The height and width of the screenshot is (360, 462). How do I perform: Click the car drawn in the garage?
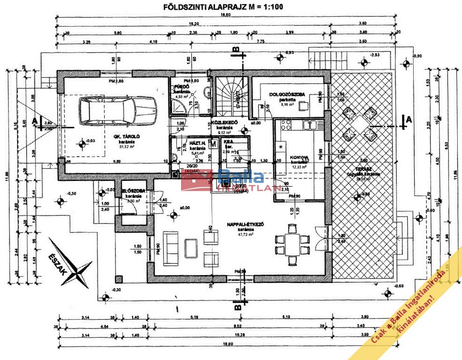point(118,111)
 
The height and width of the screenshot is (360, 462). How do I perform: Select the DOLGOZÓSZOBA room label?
point(288,94)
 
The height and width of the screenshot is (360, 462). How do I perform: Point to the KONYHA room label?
point(299,157)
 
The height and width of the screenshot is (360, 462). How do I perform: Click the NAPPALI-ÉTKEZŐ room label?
point(245,225)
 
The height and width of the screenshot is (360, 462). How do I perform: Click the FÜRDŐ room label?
point(181,87)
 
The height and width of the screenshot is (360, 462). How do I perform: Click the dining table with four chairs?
point(292,239)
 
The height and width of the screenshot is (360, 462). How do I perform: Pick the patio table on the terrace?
point(360,124)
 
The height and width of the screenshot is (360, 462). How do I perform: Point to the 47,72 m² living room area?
point(245,235)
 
